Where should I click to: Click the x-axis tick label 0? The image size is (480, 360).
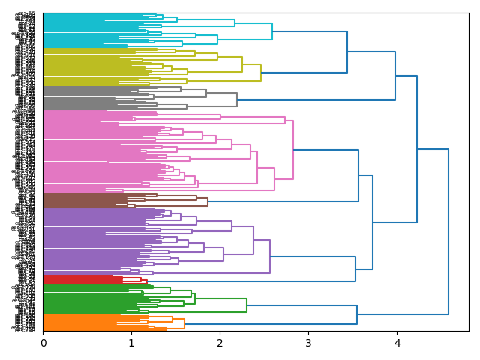pos(43,343)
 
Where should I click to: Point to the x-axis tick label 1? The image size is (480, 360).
pos(131,343)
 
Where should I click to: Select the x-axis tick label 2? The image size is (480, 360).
pos(220,343)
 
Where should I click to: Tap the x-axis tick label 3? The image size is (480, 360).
pos(308,343)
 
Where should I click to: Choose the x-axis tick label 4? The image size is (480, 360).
pos(397,343)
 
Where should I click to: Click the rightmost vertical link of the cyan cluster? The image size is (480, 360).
pos(272,31)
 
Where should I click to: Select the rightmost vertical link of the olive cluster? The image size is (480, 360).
pos(261,73)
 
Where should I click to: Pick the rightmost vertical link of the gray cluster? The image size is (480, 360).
pos(237,99)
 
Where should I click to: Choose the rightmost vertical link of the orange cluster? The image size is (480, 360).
pos(184,323)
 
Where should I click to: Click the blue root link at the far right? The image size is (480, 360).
pos(448,231)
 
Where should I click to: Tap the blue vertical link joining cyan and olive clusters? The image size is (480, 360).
pos(347,52)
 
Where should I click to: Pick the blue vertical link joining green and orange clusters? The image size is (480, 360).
pos(357,314)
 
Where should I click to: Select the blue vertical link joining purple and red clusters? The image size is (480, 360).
pos(355,268)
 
